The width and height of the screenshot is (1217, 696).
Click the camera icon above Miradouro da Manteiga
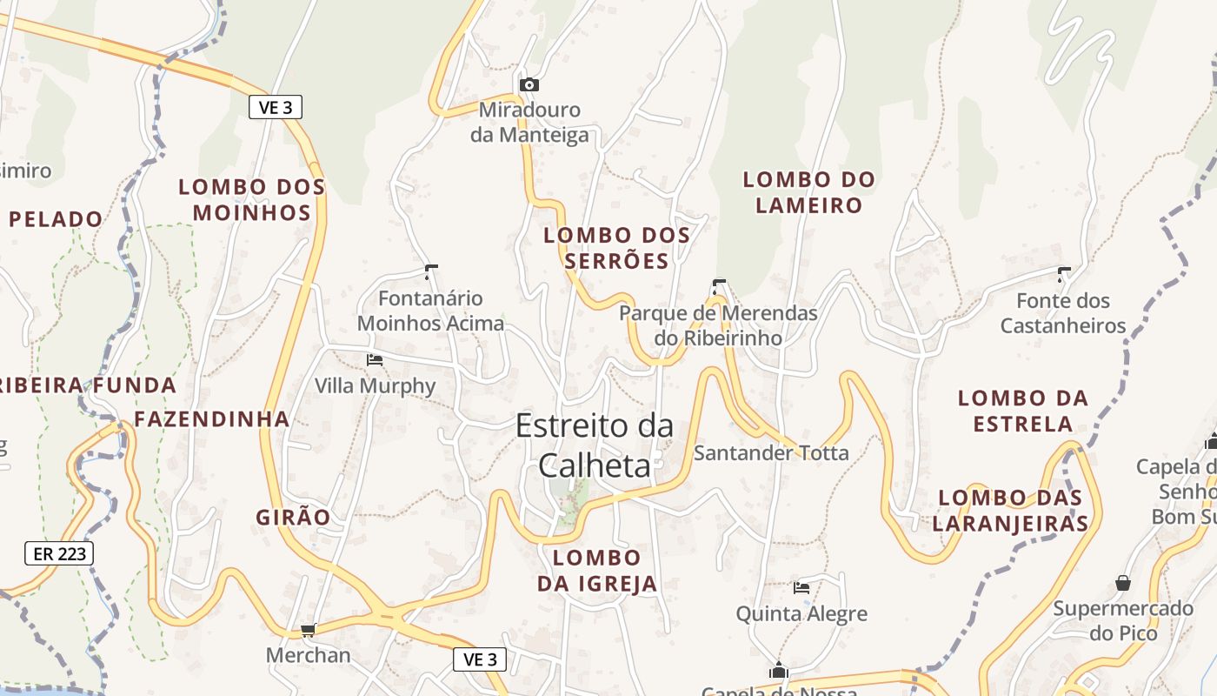[x=529, y=84]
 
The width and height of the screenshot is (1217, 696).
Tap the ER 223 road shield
[x=58, y=552]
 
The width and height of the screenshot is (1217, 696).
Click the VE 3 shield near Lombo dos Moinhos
[x=276, y=107]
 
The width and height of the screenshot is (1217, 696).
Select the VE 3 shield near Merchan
[x=480, y=659]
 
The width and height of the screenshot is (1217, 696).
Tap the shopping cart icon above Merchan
[x=307, y=630]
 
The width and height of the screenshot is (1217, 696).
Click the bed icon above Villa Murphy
[x=375, y=359]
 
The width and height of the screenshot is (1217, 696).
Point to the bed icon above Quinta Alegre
[x=801, y=588]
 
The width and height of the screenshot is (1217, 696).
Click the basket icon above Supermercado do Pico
[x=1123, y=582]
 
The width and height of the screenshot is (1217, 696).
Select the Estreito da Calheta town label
[x=595, y=445]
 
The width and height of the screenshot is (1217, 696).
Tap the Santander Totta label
[x=771, y=452]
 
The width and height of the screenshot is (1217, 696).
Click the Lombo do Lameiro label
[x=808, y=192]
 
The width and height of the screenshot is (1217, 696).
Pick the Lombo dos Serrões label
[x=617, y=248]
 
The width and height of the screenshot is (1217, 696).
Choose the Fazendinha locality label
[x=212, y=418]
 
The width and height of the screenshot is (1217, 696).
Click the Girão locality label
[x=293, y=517]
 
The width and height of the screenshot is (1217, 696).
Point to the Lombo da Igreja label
[x=597, y=570]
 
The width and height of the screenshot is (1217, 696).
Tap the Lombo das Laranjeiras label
[x=1010, y=511]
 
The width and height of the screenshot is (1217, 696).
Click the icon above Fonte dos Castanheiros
[x=1063, y=274]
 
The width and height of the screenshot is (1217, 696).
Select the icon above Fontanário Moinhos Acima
[x=430, y=271]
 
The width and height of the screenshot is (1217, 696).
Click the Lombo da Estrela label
[x=1022, y=411]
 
